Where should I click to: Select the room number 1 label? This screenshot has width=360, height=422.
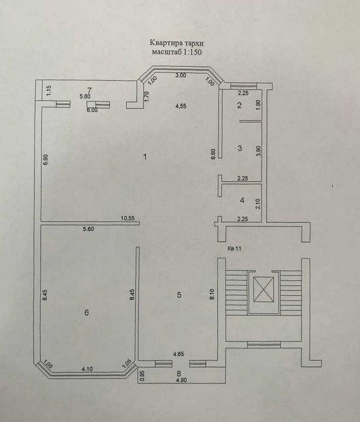click(x=145, y=157)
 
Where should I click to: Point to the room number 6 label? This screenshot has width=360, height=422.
click(x=87, y=313)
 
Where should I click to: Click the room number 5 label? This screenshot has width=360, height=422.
click(x=179, y=295)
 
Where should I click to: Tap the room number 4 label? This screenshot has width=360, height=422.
click(x=240, y=200)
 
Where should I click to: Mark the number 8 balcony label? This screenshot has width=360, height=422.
click(x=179, y=374)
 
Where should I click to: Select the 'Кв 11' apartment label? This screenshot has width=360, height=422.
click(x=236, y=248)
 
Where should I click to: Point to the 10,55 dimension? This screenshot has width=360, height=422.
click(x=127, y=219)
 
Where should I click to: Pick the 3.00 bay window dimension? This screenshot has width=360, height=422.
click(x=180, y=75)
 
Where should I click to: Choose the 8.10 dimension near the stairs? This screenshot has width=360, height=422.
click(x=213, y=294)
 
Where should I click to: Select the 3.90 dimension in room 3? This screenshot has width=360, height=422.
click(x=259, y=151)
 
